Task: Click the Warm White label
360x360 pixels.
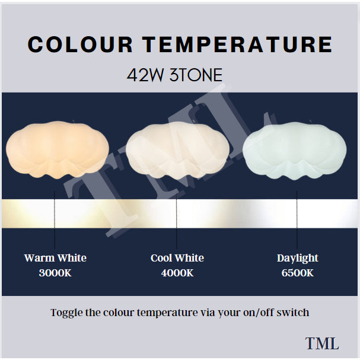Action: coord(55,258)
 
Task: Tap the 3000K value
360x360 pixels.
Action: coord(55,273)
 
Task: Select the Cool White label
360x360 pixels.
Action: coord(177,258)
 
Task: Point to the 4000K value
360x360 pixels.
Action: coord(177,273)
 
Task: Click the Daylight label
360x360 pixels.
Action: coord(297,258)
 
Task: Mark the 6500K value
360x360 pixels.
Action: coord(297,273)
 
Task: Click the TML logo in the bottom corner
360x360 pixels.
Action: coord(322,343)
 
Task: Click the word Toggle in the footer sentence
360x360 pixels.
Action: coord(66,313)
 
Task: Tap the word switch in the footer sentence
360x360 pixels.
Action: coord(295,313)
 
